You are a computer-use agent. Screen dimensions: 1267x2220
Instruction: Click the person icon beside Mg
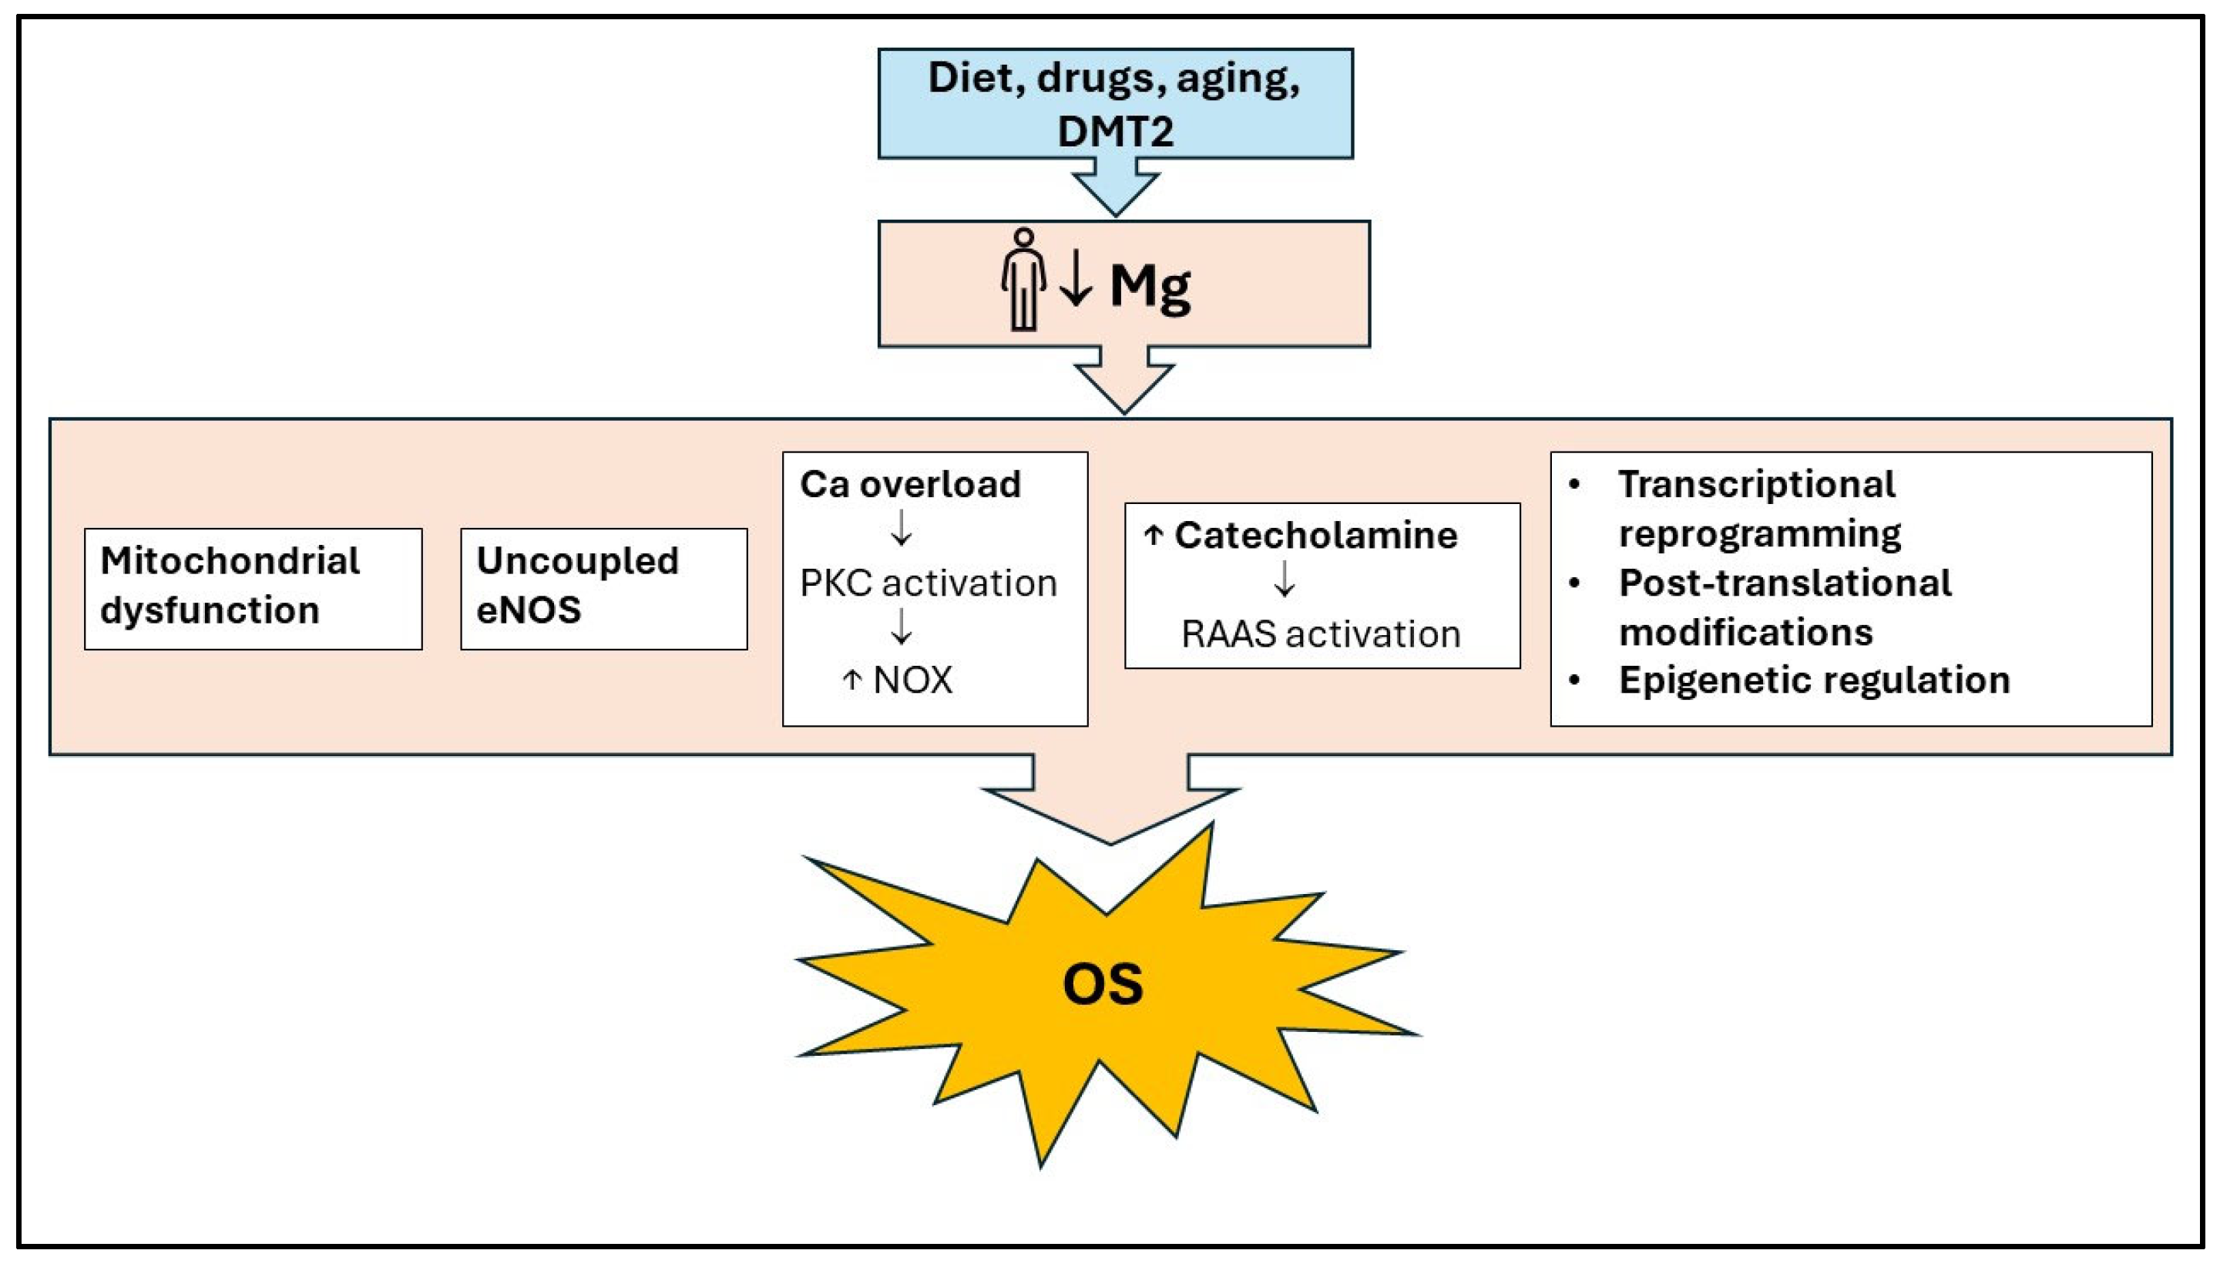click(x=1023, y=281)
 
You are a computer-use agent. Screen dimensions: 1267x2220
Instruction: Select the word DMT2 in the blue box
click(x=1115, y=131)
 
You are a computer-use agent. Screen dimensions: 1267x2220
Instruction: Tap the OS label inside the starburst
click(x=1102, y=984)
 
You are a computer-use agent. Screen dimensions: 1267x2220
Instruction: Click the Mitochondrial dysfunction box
click(x=254, y=588)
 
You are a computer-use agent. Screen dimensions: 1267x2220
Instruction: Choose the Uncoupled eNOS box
click(x=603, y=588)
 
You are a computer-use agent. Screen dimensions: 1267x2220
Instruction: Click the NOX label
click(x=912, y=680)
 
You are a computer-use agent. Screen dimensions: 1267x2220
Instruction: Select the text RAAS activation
click(x=1320, y=633)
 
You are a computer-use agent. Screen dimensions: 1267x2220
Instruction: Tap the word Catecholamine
click(x=1315, y=535)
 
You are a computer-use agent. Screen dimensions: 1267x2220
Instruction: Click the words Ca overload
click(x=910, y=484)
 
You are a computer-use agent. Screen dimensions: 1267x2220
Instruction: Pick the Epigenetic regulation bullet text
click(x=1814, y=680)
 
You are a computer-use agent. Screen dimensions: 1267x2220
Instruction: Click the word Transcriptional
click(x=1755, y=484)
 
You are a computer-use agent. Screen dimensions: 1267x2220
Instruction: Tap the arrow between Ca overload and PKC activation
click(x=902, y=528)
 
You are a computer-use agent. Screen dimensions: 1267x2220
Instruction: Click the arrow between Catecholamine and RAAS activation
click(x=1284, y=579)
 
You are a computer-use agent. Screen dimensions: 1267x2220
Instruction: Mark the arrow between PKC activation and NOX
click(x=902, y=627)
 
